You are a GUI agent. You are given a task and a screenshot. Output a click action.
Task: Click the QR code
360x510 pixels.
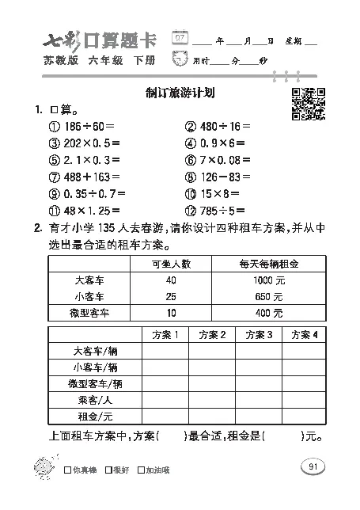tap(308, 103)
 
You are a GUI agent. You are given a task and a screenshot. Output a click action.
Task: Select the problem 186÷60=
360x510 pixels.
tap(82, 126)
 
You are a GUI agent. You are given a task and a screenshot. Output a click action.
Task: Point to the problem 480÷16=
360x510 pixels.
tap(218, 126)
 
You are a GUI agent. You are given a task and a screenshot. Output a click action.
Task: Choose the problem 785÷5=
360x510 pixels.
tap(214, 211)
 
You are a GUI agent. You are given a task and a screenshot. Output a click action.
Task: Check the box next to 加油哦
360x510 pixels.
tap(142, 469)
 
